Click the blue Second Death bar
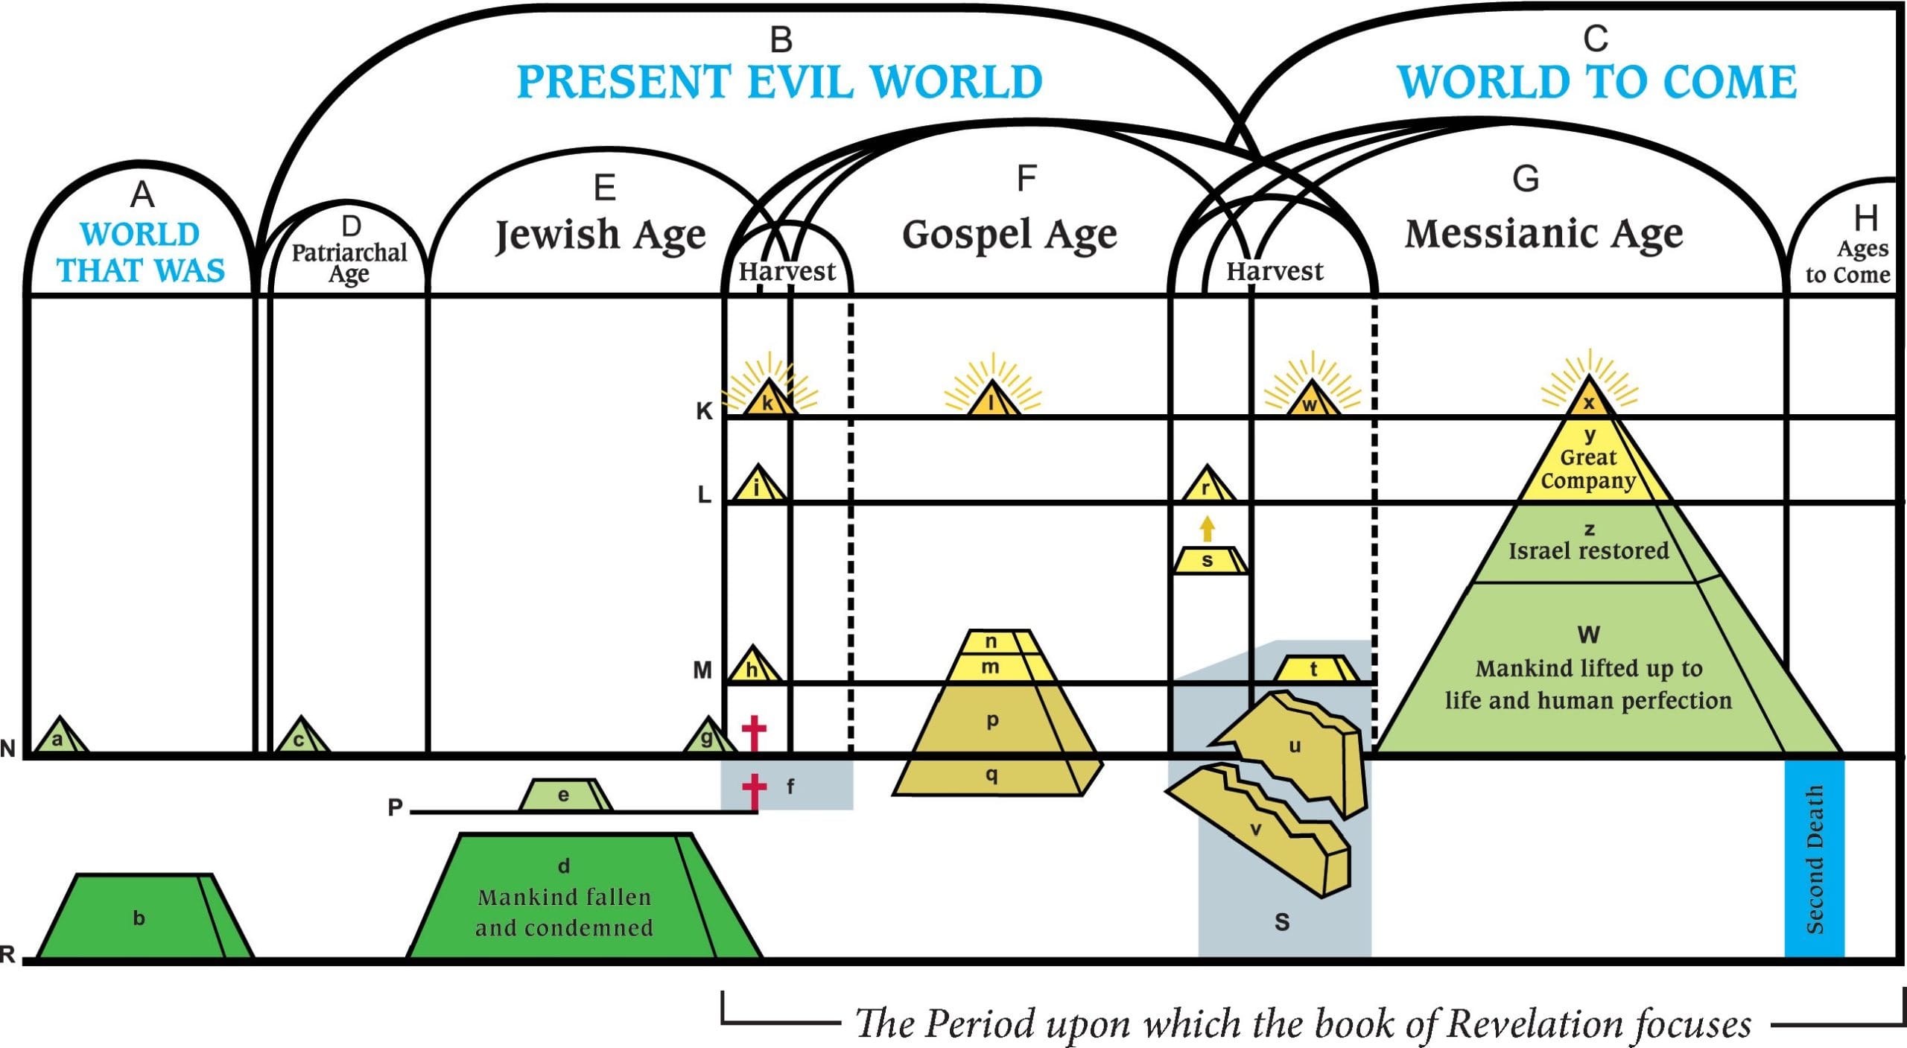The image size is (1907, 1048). click(1814, 857)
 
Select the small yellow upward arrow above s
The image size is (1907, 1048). click(1208, 529)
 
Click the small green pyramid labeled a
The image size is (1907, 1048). click(60, 738)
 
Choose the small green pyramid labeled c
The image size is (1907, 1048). click(300, 738)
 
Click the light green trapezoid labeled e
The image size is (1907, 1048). click(564, 795)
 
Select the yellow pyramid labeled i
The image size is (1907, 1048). click(757, 486)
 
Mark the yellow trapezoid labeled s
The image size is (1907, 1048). click(1208, 560)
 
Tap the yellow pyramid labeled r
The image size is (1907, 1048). click(1207, 486)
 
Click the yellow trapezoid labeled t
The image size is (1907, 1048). click(1314, 668)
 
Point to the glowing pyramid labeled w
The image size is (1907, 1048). click(1310, 401)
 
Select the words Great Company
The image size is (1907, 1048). click(1588, 469)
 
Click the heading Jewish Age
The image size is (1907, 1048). click(600, 235)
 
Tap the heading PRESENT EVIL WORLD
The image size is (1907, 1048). click(779, 82)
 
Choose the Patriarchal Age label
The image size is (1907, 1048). click(349, 262)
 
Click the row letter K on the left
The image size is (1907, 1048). click(704, 411)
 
